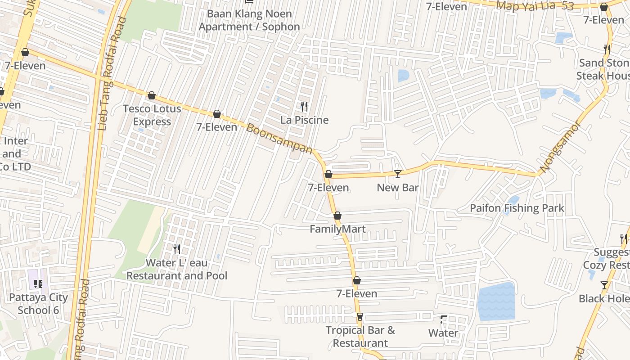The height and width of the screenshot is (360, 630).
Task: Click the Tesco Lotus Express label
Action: tap(152, 115)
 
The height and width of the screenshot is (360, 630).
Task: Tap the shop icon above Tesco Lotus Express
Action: tap(152, 95)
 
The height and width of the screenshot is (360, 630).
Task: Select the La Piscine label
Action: tap(304, 120)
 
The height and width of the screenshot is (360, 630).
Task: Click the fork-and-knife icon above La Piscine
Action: tap(304, 107)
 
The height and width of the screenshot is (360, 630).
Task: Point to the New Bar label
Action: tap(398, 188)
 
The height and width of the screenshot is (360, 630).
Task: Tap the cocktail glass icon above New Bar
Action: tap(397, 174)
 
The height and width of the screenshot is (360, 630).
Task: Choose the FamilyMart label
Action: tap(337, 229)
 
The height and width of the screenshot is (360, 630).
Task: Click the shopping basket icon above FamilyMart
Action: tap(337, 216)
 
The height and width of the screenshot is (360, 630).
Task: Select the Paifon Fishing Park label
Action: tap(517, 208)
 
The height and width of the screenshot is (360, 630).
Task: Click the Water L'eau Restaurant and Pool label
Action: tap(177, 269)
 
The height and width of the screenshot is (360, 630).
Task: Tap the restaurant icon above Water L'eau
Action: tap(177, 249)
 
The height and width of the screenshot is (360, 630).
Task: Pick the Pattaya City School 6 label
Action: tap(39, 304)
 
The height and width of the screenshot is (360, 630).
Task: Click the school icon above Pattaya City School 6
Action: tap(38, 283)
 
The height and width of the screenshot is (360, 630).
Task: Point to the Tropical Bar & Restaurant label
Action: tap(360, 337)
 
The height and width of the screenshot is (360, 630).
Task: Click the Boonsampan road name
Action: tap(279, 138)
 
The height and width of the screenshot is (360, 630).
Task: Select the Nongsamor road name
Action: tap(561, 147)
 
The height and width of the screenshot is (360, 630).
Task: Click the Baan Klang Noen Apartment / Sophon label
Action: tap(249, 20)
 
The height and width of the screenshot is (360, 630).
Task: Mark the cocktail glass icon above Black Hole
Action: tap(604, 285)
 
